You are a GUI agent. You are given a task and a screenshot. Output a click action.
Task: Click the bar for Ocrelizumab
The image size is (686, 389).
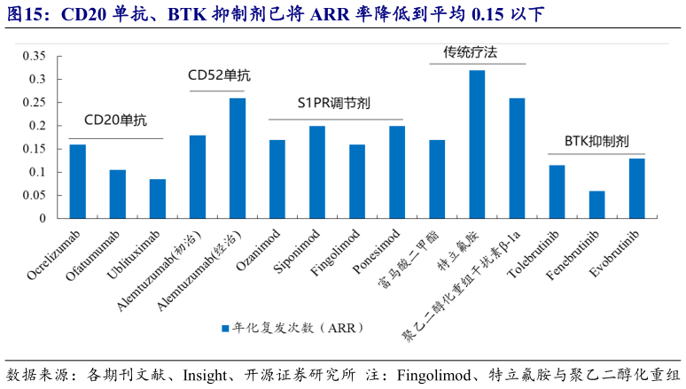click(x=78, y=181)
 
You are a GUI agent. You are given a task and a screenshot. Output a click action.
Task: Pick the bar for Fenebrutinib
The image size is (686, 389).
click(x=596, y=204)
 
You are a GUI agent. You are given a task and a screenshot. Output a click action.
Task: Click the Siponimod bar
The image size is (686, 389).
click(x=317, y=172)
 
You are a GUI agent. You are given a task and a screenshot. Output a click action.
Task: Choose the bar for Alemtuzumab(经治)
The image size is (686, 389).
click(x=238, y=158)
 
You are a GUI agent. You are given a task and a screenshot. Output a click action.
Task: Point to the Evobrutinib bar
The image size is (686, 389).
click(x=636, y=188)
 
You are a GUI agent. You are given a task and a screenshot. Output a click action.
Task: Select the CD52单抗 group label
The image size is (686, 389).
click(x=219, y=75)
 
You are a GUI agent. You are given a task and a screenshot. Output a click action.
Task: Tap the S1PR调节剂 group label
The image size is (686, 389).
click(x=334, y=103)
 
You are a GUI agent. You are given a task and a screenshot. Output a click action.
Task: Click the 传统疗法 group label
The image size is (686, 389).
click(x=470, y=52)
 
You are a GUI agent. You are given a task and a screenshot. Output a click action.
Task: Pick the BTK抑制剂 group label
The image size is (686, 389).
click(x=596, y=141)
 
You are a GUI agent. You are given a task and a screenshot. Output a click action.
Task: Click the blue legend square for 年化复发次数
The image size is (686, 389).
click(x=225, y=328)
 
